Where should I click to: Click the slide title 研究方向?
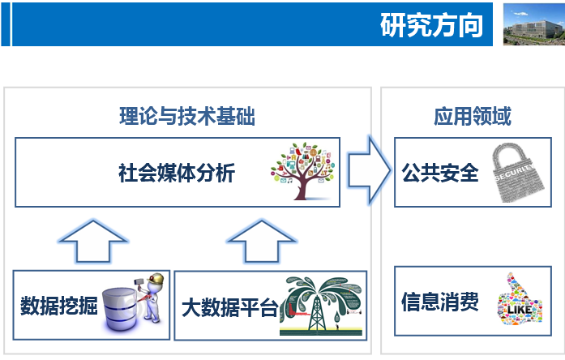point(431,25)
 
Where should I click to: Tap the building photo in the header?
point(534,24)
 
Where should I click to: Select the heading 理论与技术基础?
point(187,116)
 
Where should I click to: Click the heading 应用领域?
point(473,116)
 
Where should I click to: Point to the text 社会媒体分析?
point(177,173)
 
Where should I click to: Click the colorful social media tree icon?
point(303,171)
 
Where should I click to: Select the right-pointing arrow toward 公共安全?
point(369,170)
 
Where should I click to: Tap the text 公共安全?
point(440,173)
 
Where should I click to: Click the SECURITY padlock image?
point(519,172)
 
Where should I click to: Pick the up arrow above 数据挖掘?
point(93,241)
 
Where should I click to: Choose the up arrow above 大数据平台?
point(262,241)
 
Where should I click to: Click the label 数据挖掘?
point(58,306)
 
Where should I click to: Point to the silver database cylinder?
point(119,309)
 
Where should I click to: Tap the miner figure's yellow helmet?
point(156,279)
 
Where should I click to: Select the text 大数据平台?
point(230,307)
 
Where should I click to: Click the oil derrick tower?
point(316,313)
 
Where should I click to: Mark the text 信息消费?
point(440,302)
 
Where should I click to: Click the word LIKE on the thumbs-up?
point(520,309)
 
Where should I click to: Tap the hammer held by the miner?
point(139,282)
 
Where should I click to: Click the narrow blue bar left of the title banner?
point(6,24)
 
